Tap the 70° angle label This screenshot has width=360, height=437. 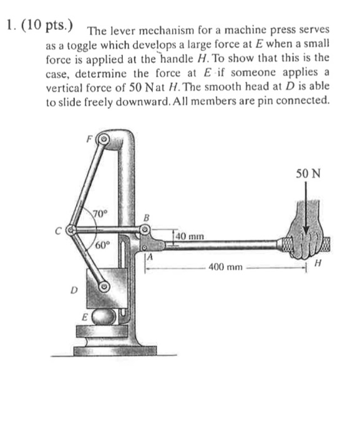[x=100, y=214]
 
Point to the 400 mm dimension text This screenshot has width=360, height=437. [x=226, y=267]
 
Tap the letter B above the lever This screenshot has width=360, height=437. [x=148, y=218]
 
